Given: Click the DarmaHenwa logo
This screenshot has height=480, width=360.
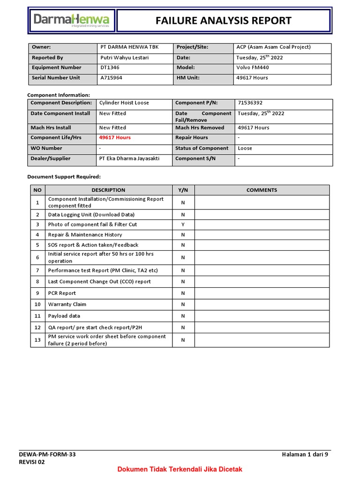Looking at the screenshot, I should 71,21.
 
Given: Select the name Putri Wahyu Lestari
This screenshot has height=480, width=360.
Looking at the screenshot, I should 123,58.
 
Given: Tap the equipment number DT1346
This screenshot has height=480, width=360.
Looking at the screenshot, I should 109,67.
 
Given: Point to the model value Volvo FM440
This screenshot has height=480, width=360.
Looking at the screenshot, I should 253,67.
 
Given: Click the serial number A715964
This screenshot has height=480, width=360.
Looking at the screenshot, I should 111,78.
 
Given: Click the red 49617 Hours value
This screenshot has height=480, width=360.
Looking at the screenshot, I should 115,138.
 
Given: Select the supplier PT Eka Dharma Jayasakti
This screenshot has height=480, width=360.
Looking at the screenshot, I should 129,158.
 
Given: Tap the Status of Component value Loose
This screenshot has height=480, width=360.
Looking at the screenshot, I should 245,148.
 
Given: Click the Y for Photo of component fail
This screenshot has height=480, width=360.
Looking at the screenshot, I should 183,225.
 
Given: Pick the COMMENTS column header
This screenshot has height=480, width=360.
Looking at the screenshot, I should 262,190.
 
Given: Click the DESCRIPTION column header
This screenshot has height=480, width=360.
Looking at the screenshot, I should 108,190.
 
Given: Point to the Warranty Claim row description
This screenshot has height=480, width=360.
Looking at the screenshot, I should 67,304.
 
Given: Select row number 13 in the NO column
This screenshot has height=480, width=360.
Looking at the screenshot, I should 37,340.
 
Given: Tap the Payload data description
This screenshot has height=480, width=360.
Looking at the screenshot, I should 64,316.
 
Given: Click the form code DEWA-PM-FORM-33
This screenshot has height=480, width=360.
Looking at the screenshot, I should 47,454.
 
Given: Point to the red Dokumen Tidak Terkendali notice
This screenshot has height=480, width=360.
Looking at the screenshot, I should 180,469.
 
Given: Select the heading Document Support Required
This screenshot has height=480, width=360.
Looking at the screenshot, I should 64,177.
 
